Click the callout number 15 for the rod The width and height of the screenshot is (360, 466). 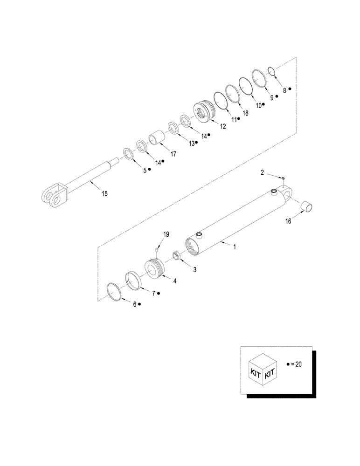pos(105,193)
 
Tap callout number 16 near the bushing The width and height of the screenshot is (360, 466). pos(288,222)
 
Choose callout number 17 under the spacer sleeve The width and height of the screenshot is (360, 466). pos(173,153)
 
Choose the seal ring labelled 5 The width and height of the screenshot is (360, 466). pos(126,153)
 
